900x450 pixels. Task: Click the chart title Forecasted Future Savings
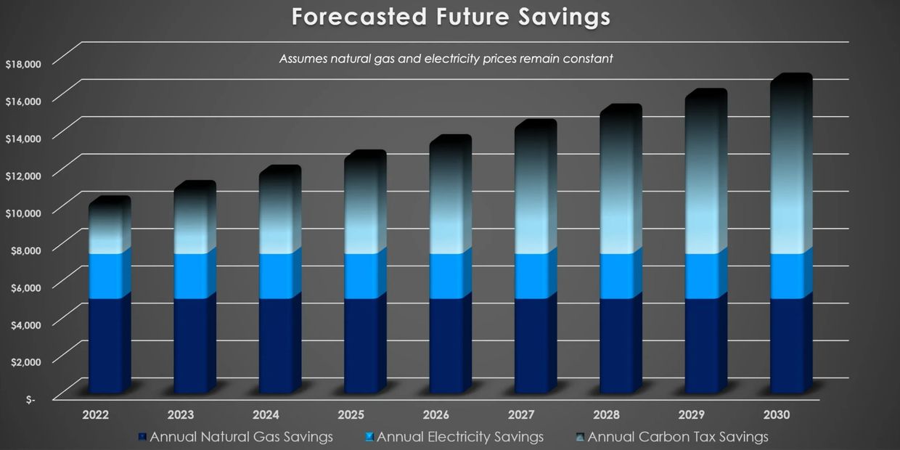tap(450, 17)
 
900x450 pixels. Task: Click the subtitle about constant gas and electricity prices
tap(446, 59)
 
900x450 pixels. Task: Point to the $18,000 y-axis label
tap(23, 64)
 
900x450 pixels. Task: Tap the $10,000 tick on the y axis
tap(23, 212)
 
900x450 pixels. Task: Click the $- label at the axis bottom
tap(30, 399)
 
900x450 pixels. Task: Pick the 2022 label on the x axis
tap(96, 415)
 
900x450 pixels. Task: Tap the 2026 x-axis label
tap(436, 415)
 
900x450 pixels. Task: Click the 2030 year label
tap(777, 415)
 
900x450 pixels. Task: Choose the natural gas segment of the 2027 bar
tap(532, 345)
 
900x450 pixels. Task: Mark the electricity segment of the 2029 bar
tap(703, 276)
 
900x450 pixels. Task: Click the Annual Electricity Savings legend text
tap(460, 437)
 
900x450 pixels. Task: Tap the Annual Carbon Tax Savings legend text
tap(678, 437)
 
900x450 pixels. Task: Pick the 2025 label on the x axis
tap(351, 415)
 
